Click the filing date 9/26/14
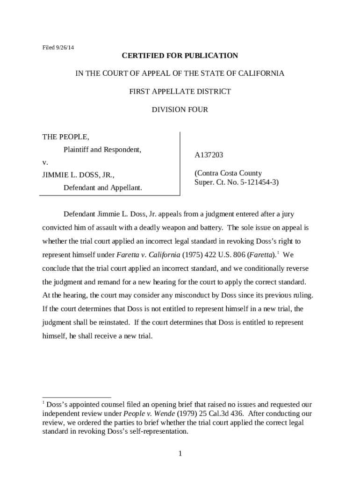click(x=65, y=47)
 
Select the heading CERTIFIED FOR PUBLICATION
click(x=180, y=56)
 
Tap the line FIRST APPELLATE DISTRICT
click(x=180, y=92)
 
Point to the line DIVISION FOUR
click(x=180, y=110)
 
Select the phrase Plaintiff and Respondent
click(x=102, y=150)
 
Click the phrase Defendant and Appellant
click(x=102, y=188)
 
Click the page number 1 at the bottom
click(x=180, y=454)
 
